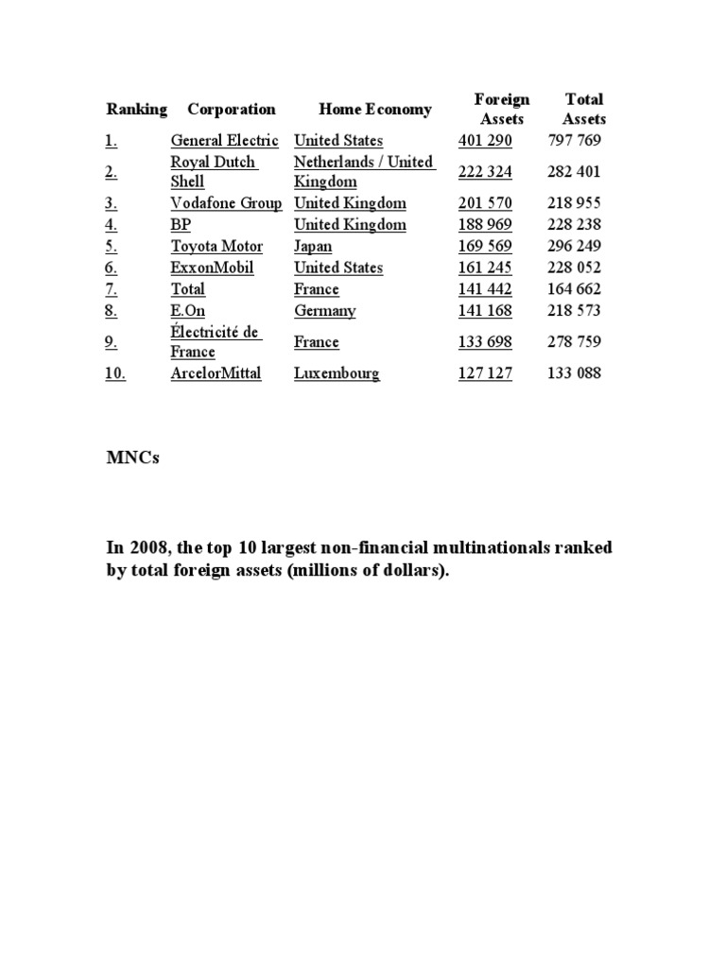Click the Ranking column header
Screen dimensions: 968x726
click(136, 110)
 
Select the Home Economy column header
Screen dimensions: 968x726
click(361, 110)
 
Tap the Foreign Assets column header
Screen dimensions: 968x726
click(502, 110)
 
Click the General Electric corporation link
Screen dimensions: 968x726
click(224, 141)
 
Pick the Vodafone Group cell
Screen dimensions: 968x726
click(226, 203)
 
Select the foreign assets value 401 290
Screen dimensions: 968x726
click(485, 141)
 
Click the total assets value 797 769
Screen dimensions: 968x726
click(574, 141)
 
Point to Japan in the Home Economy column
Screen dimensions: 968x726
click(313, 247)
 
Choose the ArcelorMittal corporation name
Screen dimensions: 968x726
click(216, 373)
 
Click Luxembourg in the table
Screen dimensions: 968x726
click(337, 373)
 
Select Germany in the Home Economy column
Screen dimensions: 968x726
click(324, 311)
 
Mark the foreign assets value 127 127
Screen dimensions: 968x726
click(485, 373)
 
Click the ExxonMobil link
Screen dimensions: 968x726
click(212, 268)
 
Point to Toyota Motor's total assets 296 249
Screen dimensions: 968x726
click(574, 247)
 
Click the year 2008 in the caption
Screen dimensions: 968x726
click(145, 549)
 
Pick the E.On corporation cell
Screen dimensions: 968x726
click(187, 311)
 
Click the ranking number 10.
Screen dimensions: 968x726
click(115, 373)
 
